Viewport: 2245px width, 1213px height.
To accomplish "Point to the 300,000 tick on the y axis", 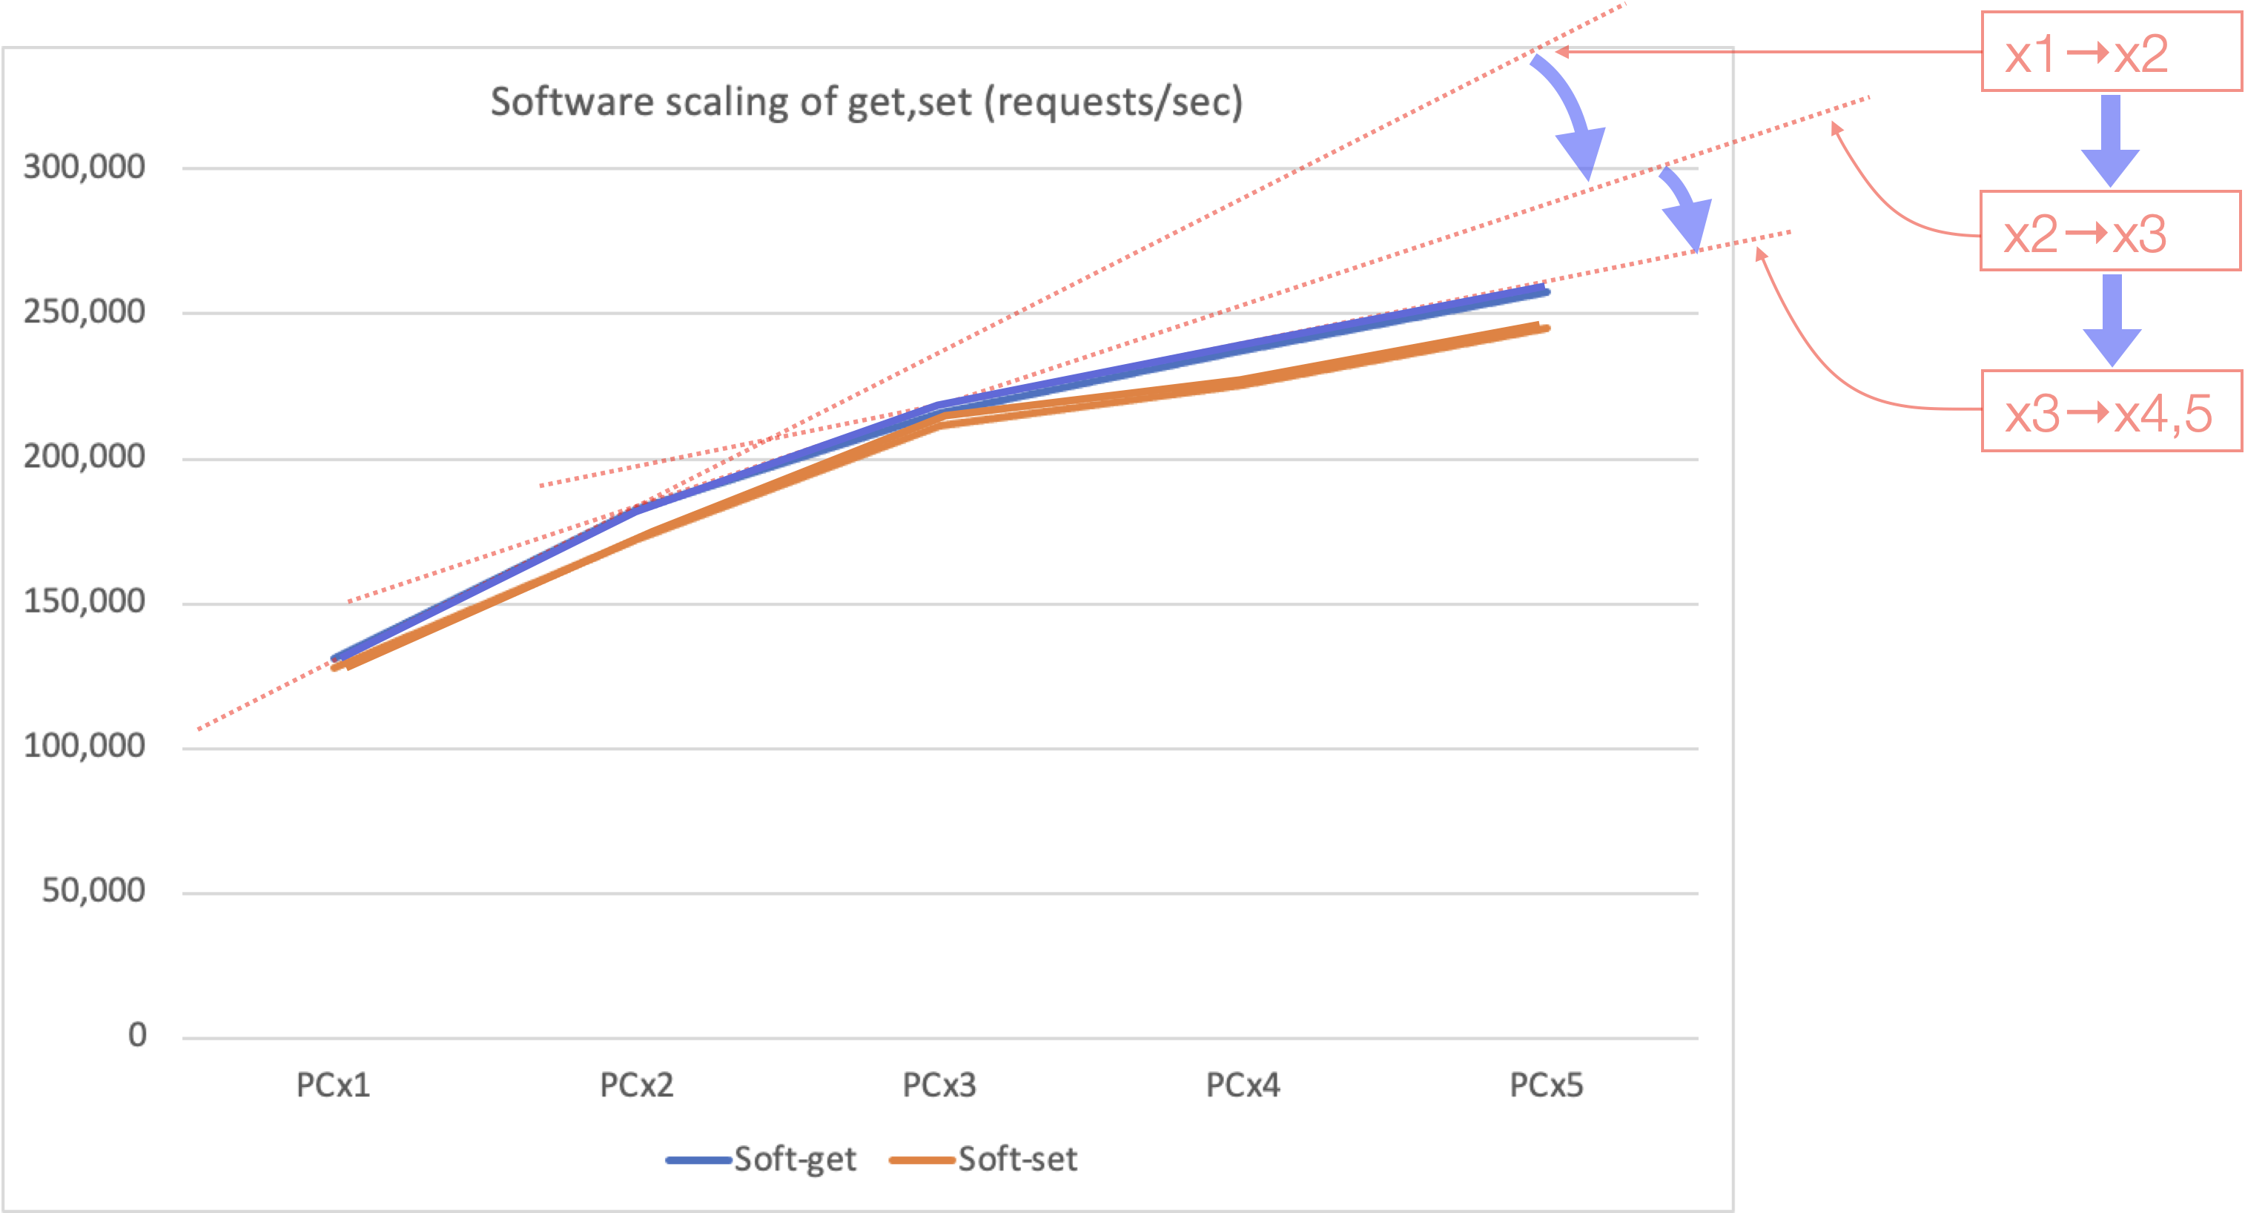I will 84,166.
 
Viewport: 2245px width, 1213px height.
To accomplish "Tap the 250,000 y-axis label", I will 84,311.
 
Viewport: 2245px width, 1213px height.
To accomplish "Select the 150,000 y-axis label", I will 84,601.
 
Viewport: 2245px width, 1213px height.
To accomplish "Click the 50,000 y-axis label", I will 93,890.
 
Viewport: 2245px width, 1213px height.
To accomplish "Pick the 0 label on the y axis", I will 137,1035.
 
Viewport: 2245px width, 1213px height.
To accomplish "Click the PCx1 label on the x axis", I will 333,1085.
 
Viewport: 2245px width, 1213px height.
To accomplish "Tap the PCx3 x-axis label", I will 939,1085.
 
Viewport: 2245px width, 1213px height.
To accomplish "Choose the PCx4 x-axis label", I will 1243,1085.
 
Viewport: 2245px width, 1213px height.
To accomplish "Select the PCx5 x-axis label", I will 1546,1085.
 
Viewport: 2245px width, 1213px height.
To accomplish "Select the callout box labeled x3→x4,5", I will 2111,412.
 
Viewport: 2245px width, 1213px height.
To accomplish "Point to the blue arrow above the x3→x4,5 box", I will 2112,321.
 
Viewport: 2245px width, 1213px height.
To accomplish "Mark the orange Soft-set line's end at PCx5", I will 1544,328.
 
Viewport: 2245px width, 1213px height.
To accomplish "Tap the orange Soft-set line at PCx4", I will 1243,382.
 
